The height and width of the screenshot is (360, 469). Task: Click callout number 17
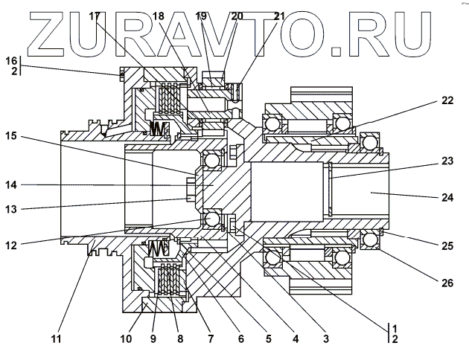click(94, 16)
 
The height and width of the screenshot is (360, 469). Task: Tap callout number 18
click(159, 16)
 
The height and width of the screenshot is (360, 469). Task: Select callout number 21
click(278, 16)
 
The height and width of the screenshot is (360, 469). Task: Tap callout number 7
click(211, 340)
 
